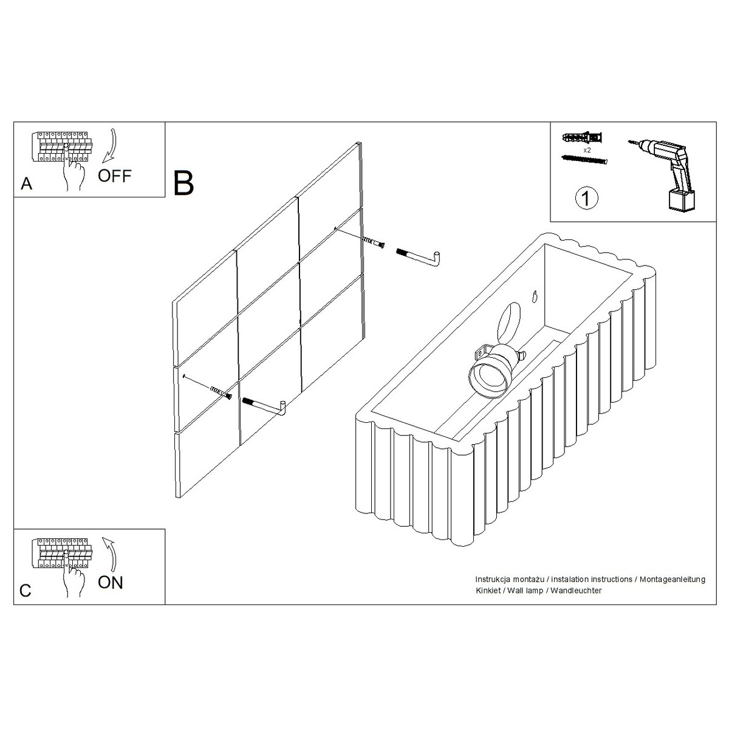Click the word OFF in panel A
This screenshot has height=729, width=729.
pyautogui.click(x=115, y=176)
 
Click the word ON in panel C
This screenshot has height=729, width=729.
pyautogui.click(x=111, y=583)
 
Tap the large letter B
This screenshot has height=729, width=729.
pyautogui.click(x=183, y=183)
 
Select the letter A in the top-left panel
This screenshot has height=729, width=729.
pyautogui.click(x=26, y=184)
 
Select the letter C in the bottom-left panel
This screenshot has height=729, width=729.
pyautogui.click(x=26, y=591)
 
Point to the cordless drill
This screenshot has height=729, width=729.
pyautogui.click(x=666, y=170)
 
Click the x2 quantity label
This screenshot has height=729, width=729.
pyautogui.click(x=587, y=149)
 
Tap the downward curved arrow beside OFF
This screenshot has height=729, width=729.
pyautogui.click(x=110, y=146)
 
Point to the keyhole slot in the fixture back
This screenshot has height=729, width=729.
pyautogui.click(x=534, y=296)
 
